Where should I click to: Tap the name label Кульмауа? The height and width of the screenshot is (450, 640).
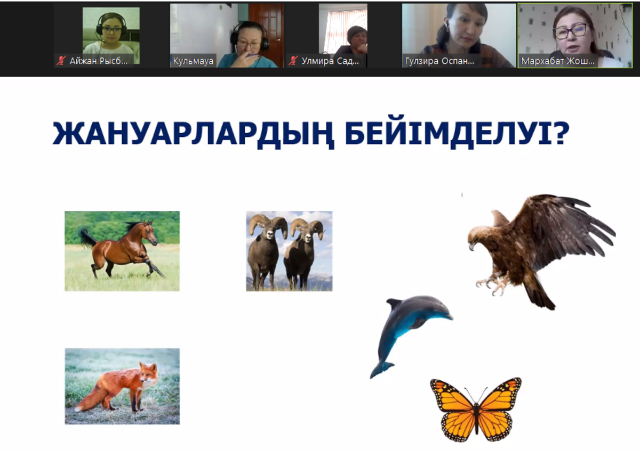(193, 61)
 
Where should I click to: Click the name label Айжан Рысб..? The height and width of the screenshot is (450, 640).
(99, 61)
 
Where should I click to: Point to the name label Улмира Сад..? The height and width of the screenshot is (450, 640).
(330, 61)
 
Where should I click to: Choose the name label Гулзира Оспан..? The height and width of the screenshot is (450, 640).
(439, 61)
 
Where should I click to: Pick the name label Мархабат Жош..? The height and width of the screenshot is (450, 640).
(557, 61)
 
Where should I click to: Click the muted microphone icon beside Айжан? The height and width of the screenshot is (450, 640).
(61, 61)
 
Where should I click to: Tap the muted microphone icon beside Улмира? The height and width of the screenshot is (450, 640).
(293, 61)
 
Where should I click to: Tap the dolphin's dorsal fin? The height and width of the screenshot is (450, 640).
(394, 304)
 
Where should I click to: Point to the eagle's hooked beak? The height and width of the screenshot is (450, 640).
(470, 245)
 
